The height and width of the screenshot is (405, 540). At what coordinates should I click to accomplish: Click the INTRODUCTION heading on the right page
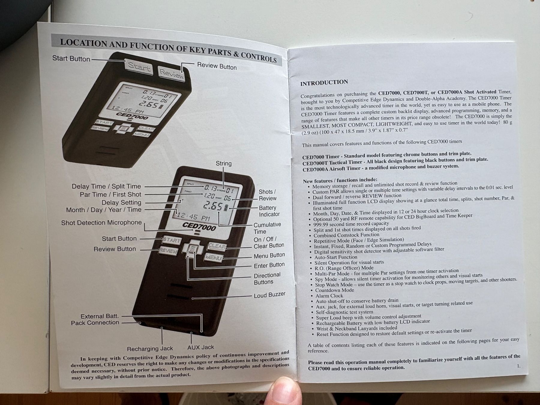point(324,82)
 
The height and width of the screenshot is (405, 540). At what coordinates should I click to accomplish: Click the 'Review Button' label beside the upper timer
point(217,66)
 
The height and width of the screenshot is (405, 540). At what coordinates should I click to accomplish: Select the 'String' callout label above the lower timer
point(224,163)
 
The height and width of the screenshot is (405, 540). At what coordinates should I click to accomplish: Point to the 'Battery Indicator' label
point(269,211)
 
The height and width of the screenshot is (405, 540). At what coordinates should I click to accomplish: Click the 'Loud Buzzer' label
point(269,295)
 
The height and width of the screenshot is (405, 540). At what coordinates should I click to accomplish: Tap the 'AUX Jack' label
point(201,347)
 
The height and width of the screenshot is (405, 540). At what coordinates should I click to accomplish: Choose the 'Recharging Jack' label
point(150,349)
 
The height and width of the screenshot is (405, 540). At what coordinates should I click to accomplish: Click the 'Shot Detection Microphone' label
point(101,223)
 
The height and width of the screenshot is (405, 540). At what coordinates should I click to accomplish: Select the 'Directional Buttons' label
point(267,278)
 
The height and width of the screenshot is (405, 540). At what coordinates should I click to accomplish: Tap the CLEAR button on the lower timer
point(217,246)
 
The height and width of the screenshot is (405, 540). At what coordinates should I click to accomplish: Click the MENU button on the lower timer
point(214,257)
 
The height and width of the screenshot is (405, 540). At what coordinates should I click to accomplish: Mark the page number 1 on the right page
point(519,366)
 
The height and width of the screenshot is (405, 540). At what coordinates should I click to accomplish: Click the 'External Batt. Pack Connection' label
point(95,319)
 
